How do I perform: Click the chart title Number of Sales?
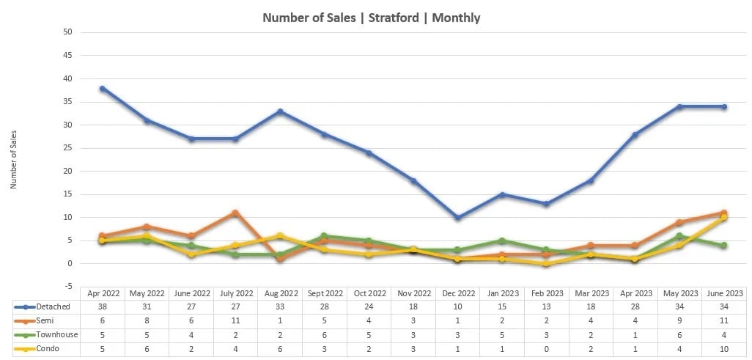[x=371, y=18]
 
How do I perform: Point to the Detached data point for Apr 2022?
[x=103, y=88]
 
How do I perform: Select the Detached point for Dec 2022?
[x=457, y=218]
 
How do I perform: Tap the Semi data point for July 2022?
[x=235, y=213]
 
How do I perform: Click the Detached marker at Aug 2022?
[x=280, y=111]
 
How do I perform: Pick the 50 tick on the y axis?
[x=67, y=32]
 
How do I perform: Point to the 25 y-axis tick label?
[x=67, y=148]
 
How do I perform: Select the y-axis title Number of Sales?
[x=14, y=160]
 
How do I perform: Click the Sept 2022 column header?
[x=324, y=293]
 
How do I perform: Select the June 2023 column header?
[x=723, y=293]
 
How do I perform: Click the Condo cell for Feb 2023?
[x=546, y=349]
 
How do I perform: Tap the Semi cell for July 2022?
[x=235, y=320]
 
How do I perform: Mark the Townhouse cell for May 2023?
[x=679, y=335]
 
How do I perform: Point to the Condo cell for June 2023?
[x=723, y=349]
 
